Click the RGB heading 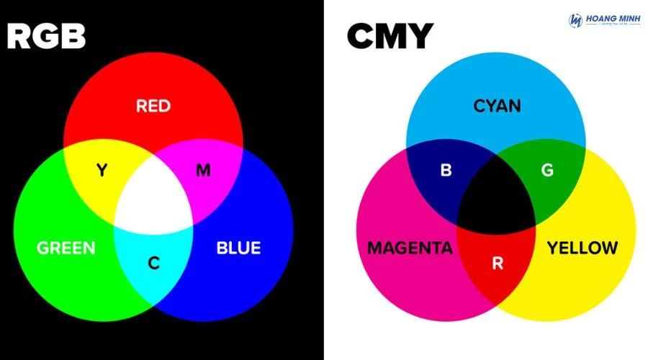[x=46, y=35]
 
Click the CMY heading [x=390, y=35]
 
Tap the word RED [x=153, y=107]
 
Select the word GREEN [x=66, y=248]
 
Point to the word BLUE [x=238, y=248]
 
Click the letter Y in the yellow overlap [x=102, y=170]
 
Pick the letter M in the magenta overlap [x=204, y=170]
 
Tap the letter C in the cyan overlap [x=153, y=264]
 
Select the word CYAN [x=497, y=107]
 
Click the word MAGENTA [x=410, y=248]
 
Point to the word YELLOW [x=582, y=248]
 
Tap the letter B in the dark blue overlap [x=446, y=171]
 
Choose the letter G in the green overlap [x=547, y=171]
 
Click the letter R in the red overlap [x=497, y=264]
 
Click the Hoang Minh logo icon [x=575, y=20]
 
